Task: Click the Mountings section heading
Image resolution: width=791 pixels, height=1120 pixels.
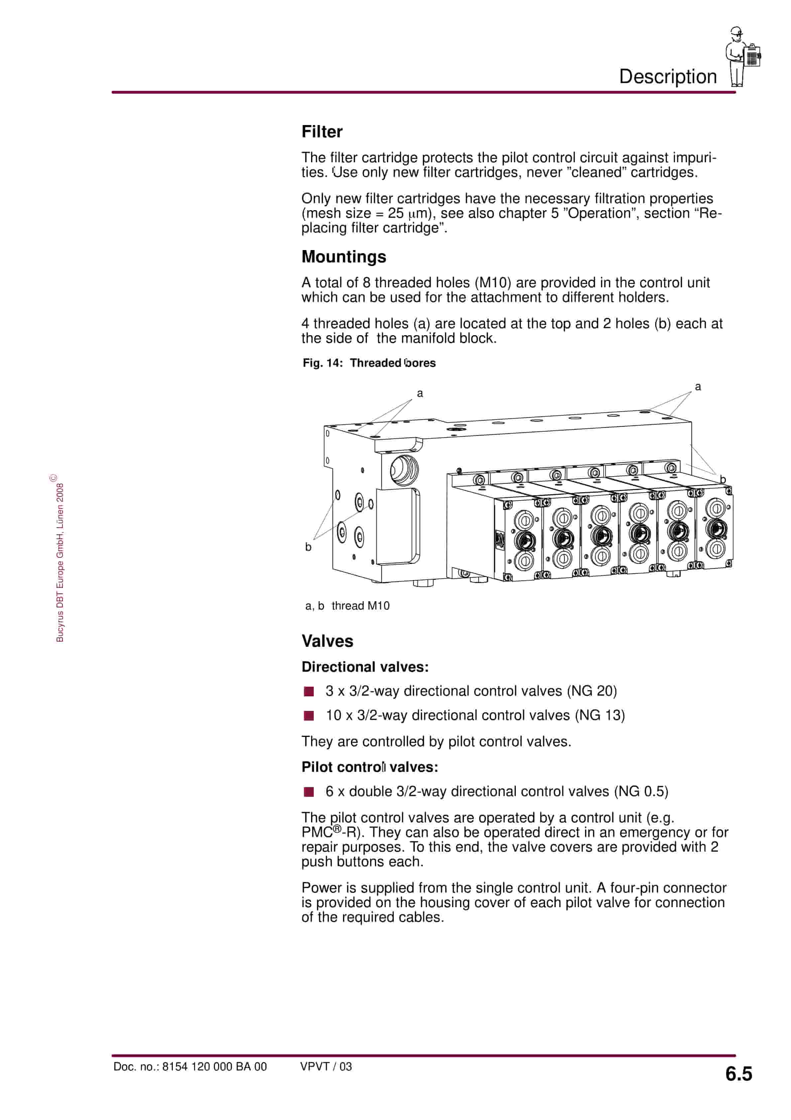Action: pyautogui.click(x=343, y=257)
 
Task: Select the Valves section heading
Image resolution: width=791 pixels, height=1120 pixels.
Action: pyautogui.click(x=327, y=641)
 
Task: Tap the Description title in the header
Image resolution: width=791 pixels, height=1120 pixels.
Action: pyautogui.click(x=668, y=76)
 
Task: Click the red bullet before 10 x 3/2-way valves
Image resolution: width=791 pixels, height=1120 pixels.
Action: pyautogui.click(x=309, y=716)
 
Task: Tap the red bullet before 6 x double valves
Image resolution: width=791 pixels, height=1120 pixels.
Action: pyautogui.click(x=309, y=792)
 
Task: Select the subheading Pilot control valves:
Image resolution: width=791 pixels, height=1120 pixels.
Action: pyautogui.click(x=370, y=767)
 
